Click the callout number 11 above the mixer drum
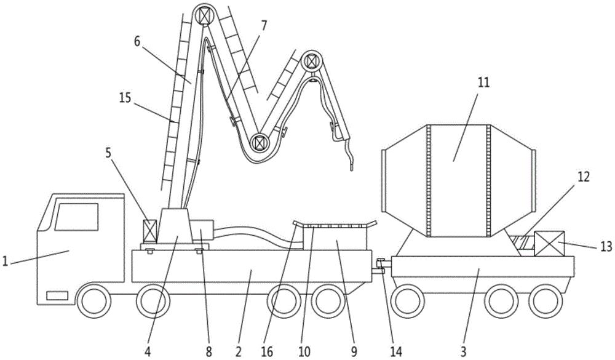pos(483,84)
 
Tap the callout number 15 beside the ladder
pos(125,97)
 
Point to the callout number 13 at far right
pos(606,247)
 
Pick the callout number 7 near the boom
pos(263,26)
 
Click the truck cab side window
pos(76,217)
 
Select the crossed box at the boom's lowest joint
pos(260,142)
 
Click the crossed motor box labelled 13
pos(549,244)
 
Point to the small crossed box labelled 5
pos(150,231)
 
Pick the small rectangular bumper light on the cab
pos(57,295)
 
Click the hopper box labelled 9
pos(335,238)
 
